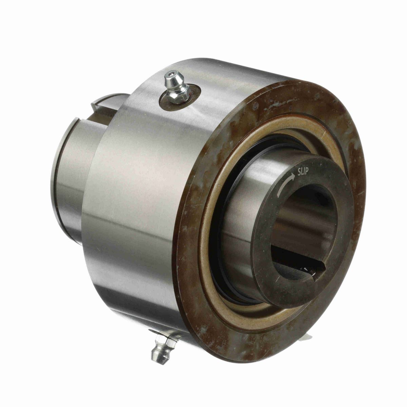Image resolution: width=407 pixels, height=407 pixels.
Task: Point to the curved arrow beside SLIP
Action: pyautogui.click(x=284, y=183)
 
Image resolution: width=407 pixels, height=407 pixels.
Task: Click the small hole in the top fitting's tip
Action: pyautogui.click(x=174, y=73)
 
